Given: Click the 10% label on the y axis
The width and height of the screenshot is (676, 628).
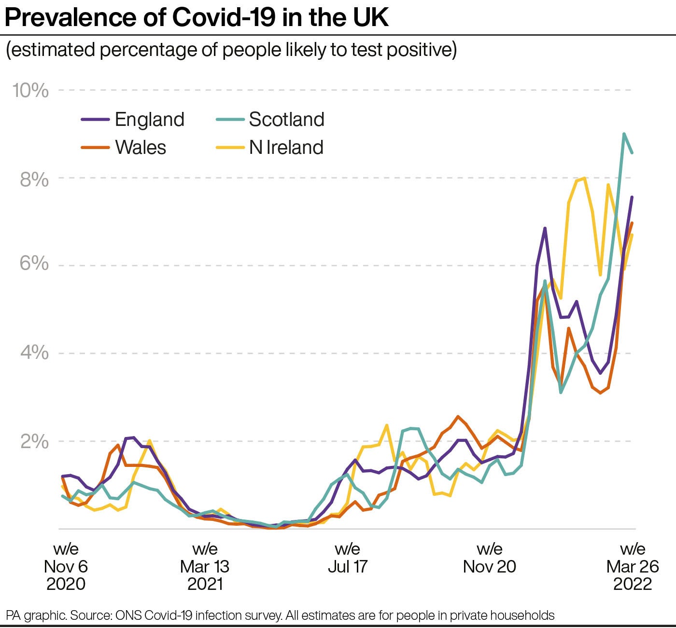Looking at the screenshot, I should coord(31,90).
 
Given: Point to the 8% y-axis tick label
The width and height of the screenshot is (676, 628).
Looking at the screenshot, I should coord(34,179).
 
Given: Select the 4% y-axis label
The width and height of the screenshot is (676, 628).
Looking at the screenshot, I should coord(34,353).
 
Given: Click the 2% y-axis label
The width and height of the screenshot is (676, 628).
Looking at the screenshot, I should coord(34,441).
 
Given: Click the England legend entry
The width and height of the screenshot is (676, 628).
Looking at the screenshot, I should coord(149,120).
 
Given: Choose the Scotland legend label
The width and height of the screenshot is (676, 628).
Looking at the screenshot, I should coord(286,120).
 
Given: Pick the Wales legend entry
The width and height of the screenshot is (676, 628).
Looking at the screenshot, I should coord(140,148).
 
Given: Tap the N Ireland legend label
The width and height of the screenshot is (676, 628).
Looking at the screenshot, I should coord(286,148).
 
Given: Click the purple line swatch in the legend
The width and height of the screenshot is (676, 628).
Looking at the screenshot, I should coord(95,120).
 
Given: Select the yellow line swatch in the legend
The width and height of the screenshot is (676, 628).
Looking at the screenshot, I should coord(230,148).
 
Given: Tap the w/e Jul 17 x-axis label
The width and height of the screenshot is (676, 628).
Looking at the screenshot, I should coord(348,558).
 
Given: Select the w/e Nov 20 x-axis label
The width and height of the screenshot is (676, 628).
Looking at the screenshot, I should coord(490,558).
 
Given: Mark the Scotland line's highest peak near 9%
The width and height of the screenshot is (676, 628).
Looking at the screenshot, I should coord(624,134).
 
